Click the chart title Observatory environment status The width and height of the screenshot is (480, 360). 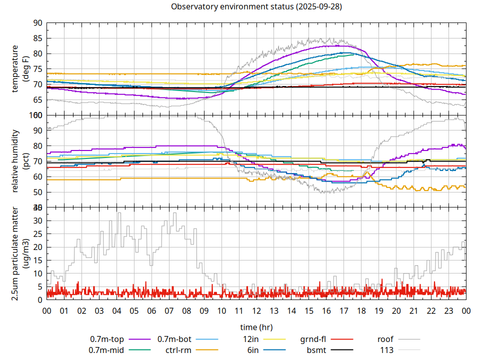pyautogui.click(x=256, y=7)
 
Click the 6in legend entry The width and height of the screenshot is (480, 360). pyautogui.click(x=253, y=350)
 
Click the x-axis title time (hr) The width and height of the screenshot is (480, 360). pyautogui.click(x=256, y=327)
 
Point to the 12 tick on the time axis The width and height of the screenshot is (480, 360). pyautogui.click(x=256, y=310)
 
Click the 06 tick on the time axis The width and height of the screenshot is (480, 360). pyautogui.click(x=151, y=310)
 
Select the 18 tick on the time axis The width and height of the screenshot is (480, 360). pyautogui.click(x=361, y=310)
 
